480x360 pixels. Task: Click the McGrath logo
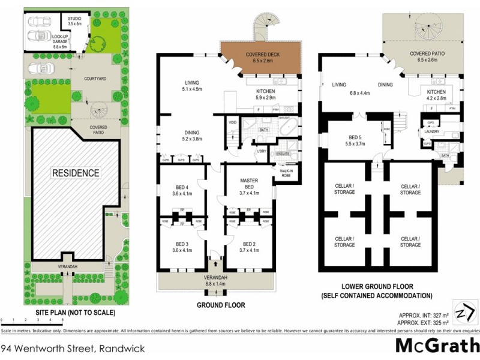click(x=436, y=346)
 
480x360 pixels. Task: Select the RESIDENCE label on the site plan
click(x=75, y=173)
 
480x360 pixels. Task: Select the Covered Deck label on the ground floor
click(x=260, y=57)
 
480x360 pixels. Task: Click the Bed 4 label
click(x=182, y=190)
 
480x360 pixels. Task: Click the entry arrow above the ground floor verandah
click(x=215, y=262)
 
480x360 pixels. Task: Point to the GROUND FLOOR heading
click(x=221, y=305)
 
